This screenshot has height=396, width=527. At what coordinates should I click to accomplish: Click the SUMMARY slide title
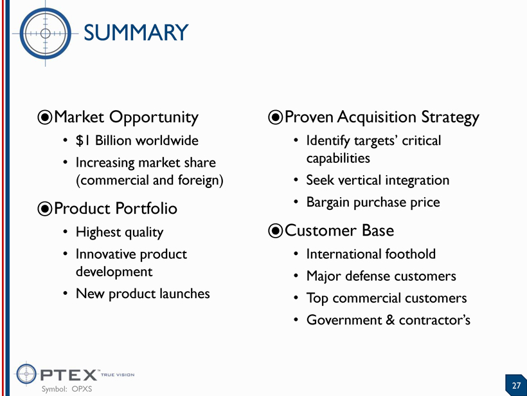pos(136,33)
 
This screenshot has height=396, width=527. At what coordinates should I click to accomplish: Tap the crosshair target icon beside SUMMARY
pos(46,33)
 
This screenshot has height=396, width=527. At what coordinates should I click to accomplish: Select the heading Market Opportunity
pos(126,118)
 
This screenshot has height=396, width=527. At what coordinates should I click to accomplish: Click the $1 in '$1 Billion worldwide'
pos(83,140)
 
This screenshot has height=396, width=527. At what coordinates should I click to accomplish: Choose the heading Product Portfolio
pos(115,209)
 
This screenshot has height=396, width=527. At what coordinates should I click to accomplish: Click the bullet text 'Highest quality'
pos(120,232)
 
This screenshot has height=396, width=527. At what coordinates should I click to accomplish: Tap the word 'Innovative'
pos(105,254)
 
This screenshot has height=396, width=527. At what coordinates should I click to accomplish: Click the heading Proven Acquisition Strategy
pos(382,118)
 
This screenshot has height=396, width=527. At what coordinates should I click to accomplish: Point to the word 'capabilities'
pos(338,158)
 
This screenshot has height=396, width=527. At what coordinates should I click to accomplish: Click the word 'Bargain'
pos(328,203)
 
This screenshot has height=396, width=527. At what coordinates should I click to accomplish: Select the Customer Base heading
pos(339,231)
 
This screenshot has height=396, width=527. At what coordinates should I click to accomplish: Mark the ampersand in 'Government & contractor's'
pos(390,320)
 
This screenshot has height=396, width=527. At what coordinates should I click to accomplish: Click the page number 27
pos(516,385)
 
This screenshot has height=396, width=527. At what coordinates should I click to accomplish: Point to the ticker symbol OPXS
pos(82,389)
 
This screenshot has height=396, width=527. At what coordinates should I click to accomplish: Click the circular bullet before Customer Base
pos(275,231)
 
